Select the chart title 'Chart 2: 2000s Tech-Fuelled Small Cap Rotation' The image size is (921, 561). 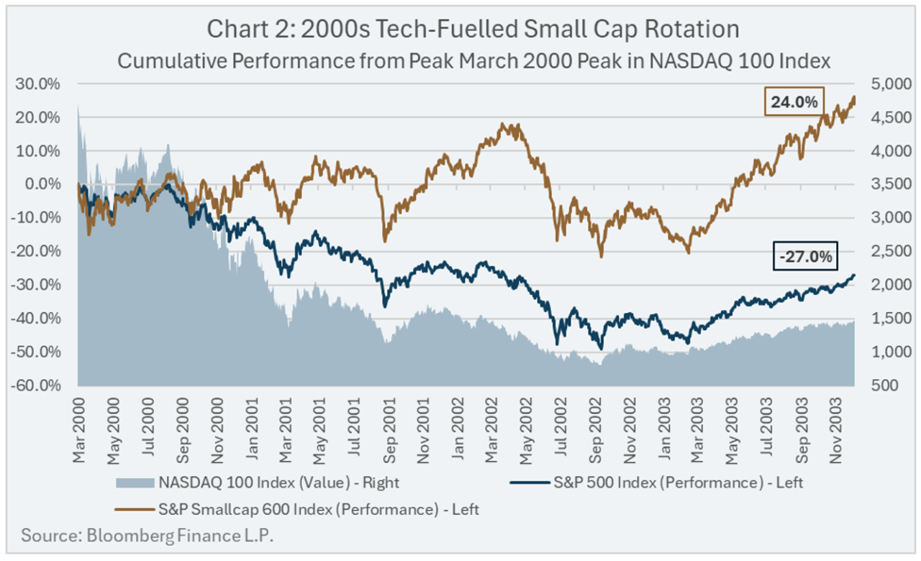[x=473, y=29]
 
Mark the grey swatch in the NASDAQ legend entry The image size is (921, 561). [x=134, y=483]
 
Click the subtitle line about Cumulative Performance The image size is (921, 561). [x=473, y=60]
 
